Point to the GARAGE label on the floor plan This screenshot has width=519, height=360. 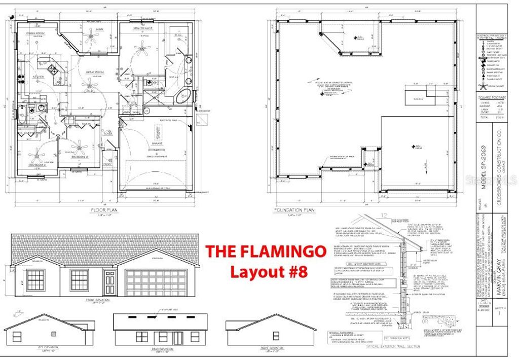157,144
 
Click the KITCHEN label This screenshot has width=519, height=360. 39,77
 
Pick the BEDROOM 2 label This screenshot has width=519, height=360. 80,157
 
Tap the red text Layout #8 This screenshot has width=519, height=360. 269,271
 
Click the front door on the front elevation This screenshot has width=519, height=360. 109,282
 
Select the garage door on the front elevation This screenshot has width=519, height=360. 156,282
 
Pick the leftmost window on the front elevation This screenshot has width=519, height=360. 35,280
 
